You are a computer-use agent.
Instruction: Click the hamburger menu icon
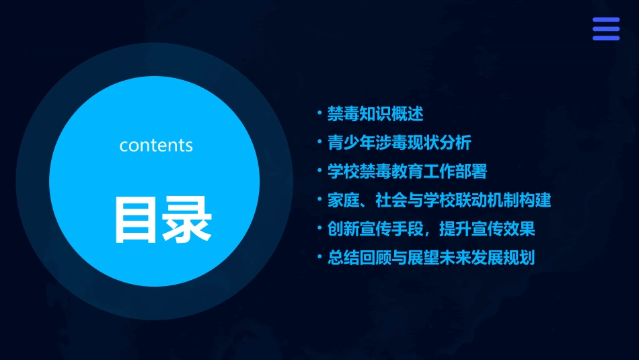[605, 29]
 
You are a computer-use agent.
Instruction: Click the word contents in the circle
[156, 145]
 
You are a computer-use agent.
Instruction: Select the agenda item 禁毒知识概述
[375, 114]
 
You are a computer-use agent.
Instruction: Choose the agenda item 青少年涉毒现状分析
[400, 143]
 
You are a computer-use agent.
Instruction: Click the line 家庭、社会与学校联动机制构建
[439, 200]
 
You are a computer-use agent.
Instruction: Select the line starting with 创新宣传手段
[431, 229]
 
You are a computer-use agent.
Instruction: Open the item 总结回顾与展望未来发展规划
[431, 258]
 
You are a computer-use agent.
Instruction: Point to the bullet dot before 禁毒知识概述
[319, 113]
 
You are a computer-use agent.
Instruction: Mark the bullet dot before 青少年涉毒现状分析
[319, 142]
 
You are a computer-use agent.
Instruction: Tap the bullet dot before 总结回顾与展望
[319, 257]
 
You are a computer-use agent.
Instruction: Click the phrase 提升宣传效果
[487, 229]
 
